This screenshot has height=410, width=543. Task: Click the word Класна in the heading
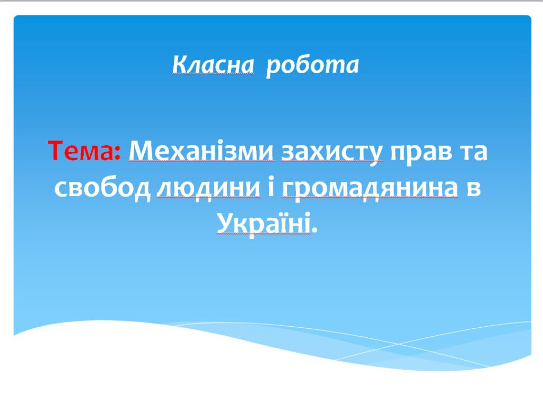click(213, 65)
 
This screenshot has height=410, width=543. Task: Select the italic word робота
click(312, 65)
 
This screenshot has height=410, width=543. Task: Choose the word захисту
click(331, 153)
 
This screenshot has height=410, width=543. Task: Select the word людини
click(209, 189)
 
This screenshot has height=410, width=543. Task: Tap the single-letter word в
click(474, 189)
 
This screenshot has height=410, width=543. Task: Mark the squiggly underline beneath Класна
click(213, 75)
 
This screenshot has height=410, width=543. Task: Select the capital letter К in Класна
click(179, 65)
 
